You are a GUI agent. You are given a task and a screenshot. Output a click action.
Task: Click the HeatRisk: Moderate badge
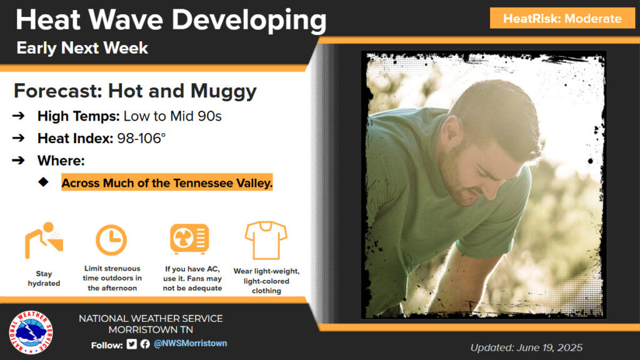point(562,18)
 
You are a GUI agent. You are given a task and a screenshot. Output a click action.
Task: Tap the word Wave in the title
point(126,19)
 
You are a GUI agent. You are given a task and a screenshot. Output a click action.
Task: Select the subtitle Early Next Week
point(82,48)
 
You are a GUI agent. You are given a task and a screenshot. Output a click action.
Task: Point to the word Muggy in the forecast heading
point(223,92)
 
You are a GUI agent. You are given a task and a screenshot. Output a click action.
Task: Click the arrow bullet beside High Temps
point(18,116)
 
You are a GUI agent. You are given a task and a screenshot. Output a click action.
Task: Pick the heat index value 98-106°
point(141,138)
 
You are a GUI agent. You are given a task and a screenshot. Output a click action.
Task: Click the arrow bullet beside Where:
point(18,160)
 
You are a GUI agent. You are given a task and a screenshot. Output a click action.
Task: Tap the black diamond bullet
point(43,182)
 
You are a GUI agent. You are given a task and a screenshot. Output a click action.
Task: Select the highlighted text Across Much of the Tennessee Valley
point(167,183)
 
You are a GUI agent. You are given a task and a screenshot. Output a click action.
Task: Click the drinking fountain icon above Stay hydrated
point(44,241)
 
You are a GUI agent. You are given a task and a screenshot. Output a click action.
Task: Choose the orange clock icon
point(111,240)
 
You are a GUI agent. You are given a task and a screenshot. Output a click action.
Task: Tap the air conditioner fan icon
point(189,239)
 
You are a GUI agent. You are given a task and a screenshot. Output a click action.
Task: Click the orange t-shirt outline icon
point(266,241)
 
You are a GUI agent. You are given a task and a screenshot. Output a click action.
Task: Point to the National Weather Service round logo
point(31,332)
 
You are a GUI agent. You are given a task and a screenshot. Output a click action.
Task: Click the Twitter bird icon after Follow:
point(131,344)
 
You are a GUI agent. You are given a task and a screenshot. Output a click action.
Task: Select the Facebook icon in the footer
point(145,344)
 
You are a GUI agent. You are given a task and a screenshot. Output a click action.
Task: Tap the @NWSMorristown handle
point(190,344)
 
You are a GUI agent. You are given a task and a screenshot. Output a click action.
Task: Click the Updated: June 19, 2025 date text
point(526,347)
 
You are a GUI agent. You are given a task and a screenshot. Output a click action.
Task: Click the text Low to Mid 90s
point(172,116)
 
